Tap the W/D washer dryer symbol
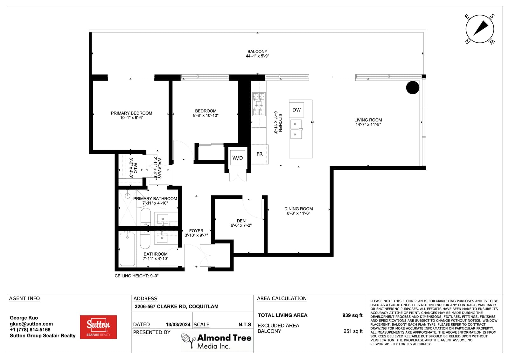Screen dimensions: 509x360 point(237,158)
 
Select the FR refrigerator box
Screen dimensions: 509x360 point(260,154)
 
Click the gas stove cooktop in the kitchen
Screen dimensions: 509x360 point(259,104)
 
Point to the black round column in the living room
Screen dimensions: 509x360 point(413,88)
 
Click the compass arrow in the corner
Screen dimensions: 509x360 point(481,28)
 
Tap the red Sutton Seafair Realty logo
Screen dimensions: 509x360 point(98,327)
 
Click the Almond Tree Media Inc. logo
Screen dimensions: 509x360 point(217,341)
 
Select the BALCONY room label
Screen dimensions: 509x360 point(257,52)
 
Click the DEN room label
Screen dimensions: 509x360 point(241,221)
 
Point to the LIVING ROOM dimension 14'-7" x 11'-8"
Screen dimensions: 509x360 point(368,124)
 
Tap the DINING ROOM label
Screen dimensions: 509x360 point(298,209)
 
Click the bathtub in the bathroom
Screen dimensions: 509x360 point(127,249)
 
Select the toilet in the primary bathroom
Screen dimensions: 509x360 point(146,217)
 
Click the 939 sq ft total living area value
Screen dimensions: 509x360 point(352,315)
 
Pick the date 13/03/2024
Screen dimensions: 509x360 point(178,325)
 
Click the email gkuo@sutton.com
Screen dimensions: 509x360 point(31,324)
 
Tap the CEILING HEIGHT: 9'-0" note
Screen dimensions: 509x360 point(136,276)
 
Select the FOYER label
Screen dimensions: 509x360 point(196,231)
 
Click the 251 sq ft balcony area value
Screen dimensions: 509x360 point(353,331)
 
